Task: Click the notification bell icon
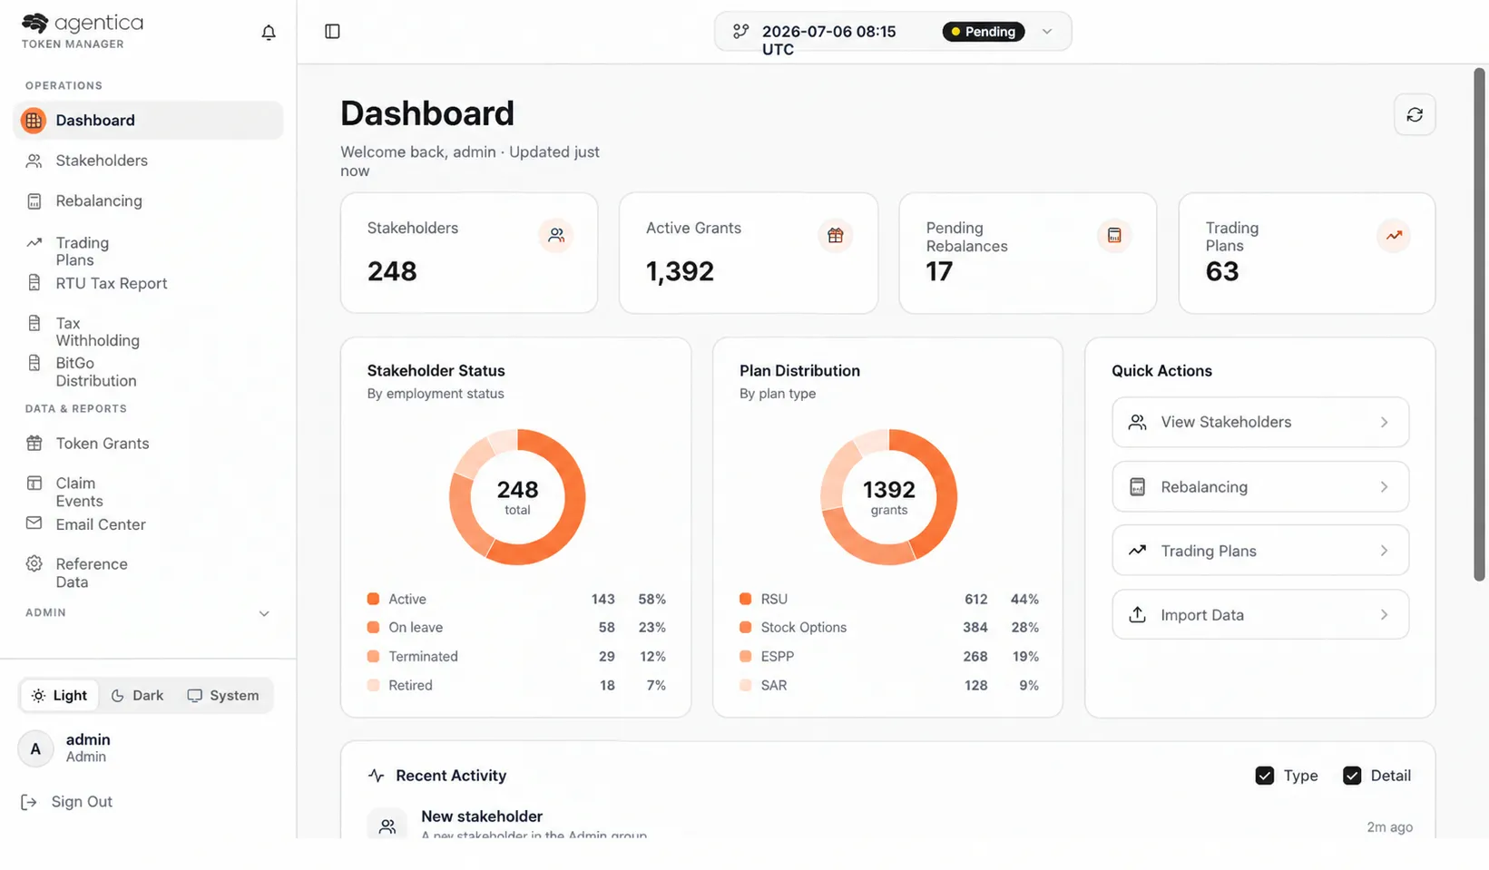tap(269, 32)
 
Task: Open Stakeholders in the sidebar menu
tap(102, 161)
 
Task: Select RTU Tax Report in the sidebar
tap(111, 283)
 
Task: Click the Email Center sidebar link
tap(101, 524)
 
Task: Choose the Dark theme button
tap(138, 695)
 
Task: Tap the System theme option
tap(223, 695)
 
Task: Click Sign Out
tap(82, 802)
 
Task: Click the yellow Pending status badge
tap(983, 31)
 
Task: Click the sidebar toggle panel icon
tap(332, 31)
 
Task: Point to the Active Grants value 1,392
tap(680, 271)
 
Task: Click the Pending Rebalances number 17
tap(939, 271)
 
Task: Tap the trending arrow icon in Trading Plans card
tap(1394, 235)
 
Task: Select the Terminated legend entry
tap(424, 656)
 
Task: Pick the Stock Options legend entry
tap(804, 627)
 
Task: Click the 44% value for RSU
tap(1024, 599)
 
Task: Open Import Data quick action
tap(1260, 615)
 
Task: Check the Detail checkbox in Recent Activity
tap(1352, 776)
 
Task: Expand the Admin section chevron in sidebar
tap(264, 613)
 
